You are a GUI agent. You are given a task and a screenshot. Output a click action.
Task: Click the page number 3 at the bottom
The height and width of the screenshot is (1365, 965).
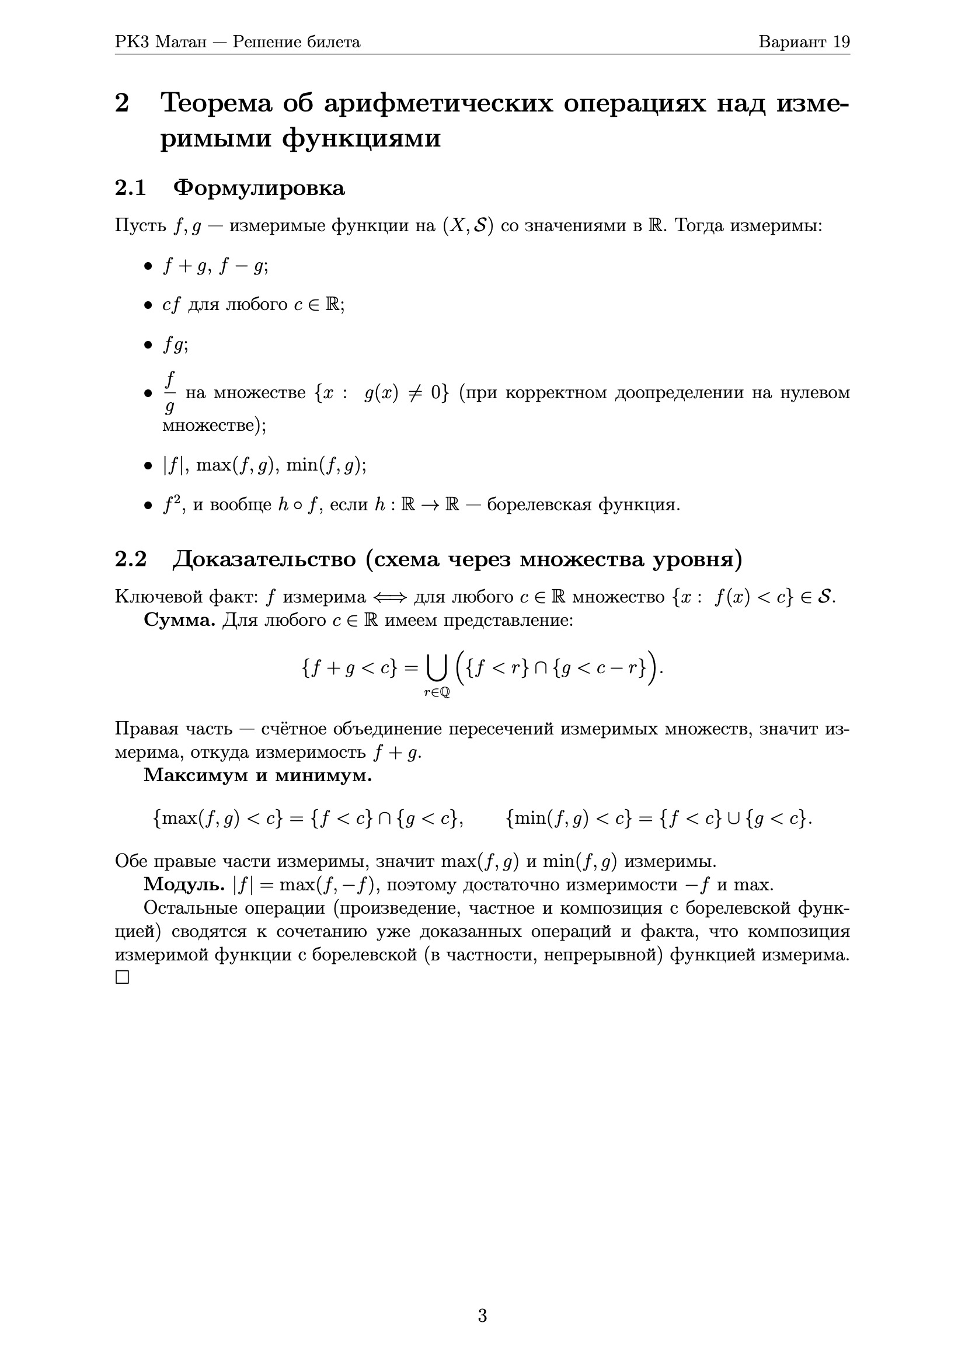482,1315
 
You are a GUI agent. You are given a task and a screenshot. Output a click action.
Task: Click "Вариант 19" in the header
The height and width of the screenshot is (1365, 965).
804,41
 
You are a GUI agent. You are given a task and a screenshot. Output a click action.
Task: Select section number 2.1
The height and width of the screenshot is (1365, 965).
130,188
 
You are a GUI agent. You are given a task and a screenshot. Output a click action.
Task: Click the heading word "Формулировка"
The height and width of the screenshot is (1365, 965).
259,188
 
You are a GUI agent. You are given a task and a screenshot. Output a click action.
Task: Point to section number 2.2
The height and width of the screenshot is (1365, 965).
130,559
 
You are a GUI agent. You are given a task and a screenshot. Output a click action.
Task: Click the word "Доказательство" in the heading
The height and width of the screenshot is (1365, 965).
264,559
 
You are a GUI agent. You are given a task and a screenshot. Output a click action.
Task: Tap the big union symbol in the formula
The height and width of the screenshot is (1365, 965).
437,669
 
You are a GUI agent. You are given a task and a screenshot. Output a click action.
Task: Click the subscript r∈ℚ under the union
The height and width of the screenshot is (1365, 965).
437,692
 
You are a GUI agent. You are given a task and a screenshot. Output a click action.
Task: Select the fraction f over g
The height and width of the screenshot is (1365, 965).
170,392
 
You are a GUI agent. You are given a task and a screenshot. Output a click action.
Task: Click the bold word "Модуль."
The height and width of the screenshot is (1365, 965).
184,885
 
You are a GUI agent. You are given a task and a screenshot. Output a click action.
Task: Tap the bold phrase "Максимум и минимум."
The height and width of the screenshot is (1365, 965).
257,775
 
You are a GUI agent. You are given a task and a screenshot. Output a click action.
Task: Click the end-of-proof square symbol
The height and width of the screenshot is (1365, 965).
122,977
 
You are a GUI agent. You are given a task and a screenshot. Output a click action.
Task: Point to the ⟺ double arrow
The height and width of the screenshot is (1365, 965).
390,597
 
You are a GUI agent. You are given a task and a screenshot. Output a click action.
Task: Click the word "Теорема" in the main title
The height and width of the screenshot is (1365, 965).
217,103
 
